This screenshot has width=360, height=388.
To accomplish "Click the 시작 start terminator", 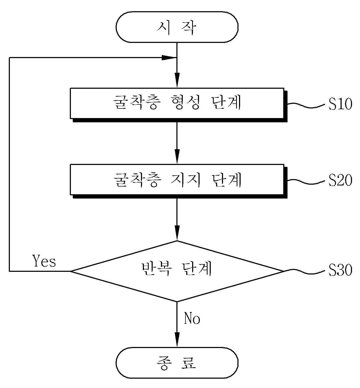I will [177, 27].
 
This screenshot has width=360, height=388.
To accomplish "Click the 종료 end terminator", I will [177, 363].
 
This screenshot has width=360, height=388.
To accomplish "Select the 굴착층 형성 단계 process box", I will [177, 103].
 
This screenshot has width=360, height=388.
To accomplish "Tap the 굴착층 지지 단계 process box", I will [177, 179].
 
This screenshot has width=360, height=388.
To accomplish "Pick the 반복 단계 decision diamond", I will [177, 271].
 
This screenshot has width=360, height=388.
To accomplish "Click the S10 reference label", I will [340, 104].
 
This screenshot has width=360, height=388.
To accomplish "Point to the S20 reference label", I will [340, 180].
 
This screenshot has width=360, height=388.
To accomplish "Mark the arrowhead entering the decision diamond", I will [177, 233].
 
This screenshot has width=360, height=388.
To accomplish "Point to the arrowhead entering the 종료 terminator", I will [177, 340].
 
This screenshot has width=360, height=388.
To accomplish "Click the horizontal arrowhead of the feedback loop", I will [169, 58].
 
